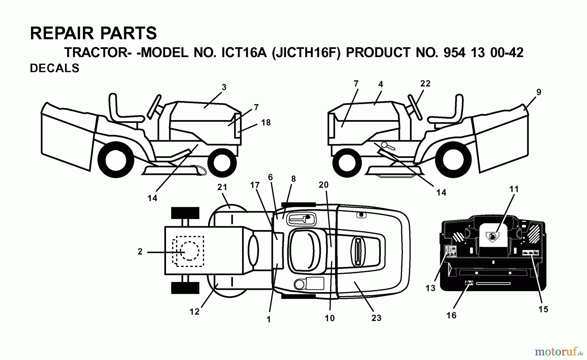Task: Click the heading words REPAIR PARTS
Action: (x=93, y=33)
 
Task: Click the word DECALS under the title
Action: (x=54, y=68)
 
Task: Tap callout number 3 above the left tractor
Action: (x=224, y=87)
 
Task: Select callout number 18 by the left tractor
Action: (x=266, y=122)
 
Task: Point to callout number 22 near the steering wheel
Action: (x=425, y=84)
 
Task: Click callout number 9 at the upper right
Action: (x=539, y=92)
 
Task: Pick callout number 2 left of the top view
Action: (x=140, y=252)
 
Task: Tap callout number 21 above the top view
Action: (x=222, y=187)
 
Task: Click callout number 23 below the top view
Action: (x=376, y=318)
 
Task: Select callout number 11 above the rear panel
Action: (x=514, y=189)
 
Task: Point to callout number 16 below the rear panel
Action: (x=451, y=315)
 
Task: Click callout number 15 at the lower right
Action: (x=543, y=309)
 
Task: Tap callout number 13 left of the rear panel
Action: (x=430, y=288)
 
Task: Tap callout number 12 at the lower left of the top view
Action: (x=194, y=312)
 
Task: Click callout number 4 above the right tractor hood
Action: (x=381, y=84)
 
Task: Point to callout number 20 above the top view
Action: (x=324, y=185)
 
